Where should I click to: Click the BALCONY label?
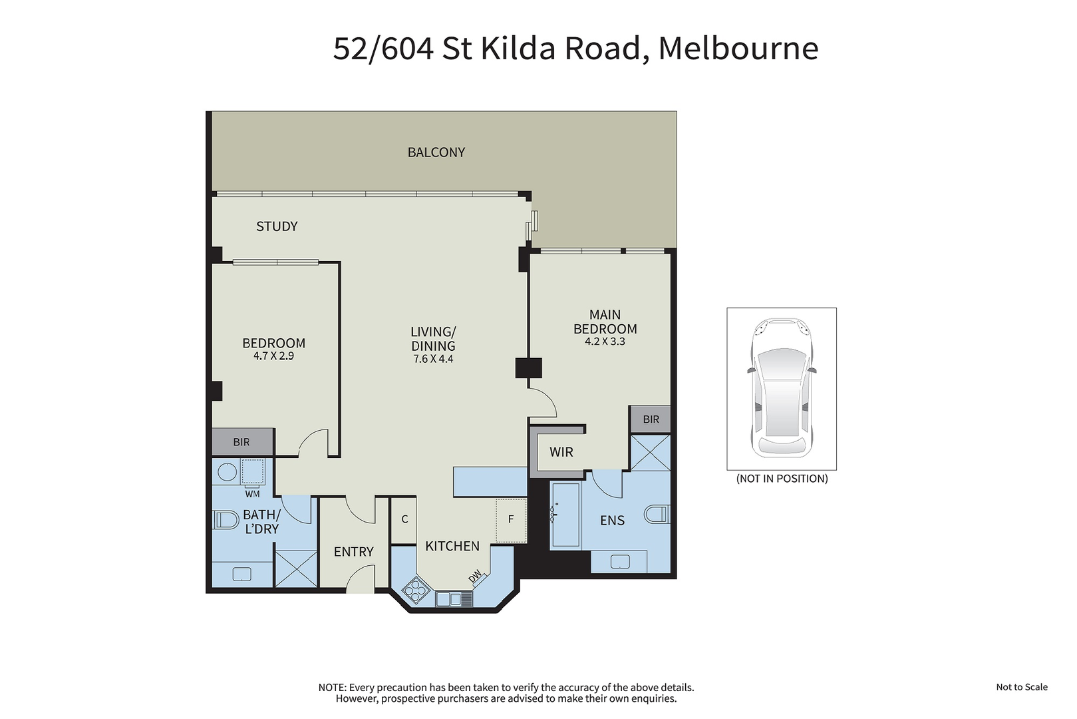pyautogui.click(x=436, y=152)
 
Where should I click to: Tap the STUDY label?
pyautogui.click(x=277, y=226)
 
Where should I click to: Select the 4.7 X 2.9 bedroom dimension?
pyautogui.click(x=273, y=356)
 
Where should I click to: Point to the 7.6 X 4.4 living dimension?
pyautogui.click(x=433, y=359)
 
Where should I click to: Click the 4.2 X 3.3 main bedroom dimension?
pyautogui.click(x=605, y=342)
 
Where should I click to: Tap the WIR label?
pyautogui.click(x=561, y=453)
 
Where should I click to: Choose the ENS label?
pyautogui.click(x=613, y=520)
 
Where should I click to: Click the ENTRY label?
pyautogui.click(x=354, y=551)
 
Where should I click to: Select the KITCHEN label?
pyautogui.click(x=452, y=546)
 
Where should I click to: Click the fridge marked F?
pyautogui.click(x=511, y=520)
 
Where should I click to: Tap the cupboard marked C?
pyautogui.click(x=404, y=519)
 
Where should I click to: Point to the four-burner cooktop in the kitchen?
pyautogui.click(x=414, y=590)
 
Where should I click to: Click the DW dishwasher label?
pyautogui.click(x=475, y=576)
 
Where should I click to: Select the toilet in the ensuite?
pyautogui.click(x=657, y=514)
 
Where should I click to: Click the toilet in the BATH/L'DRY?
pyautogui.click(x=226, y=521)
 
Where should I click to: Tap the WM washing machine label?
pyautogui.click(x=252, y=494)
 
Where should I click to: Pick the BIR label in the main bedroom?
pyautogui.click(x=651, y=419)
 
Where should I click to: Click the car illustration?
pyautogui.click(x=782, y=388)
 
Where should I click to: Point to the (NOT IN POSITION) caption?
pyautogui.click(x=782, y=479)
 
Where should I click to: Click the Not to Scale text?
pyautogui.click(x=1022, y=687)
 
